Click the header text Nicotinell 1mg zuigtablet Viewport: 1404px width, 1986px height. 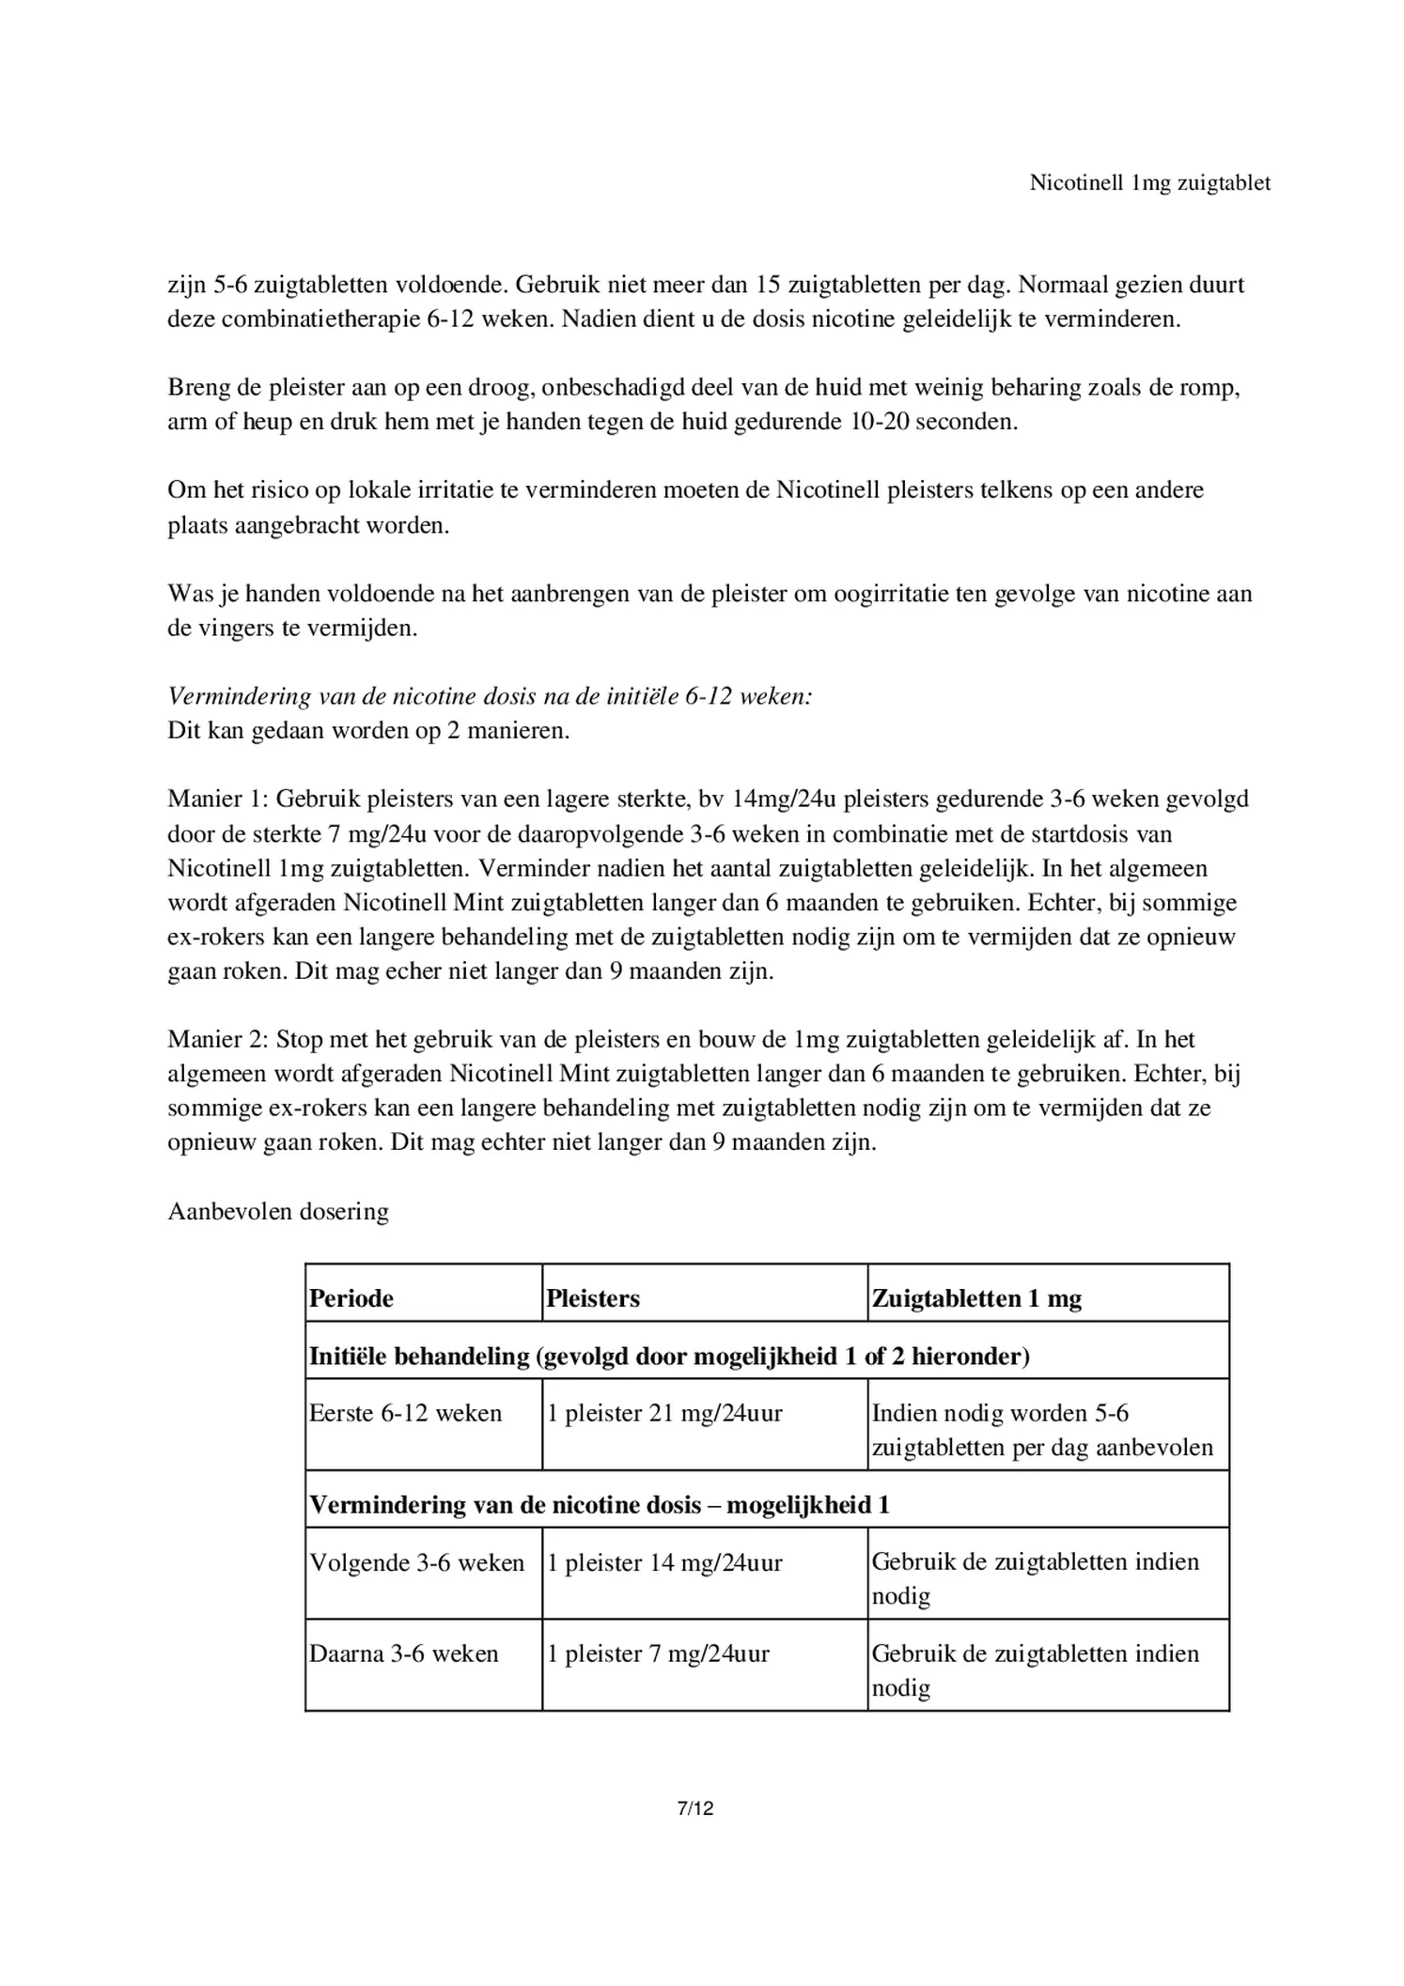pyautogui.click(x=1149, y=183)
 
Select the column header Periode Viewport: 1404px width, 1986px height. pyautogui.click(x=351, y=1298)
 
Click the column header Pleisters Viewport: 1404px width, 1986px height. pyautogui.click(x=592, y=1298)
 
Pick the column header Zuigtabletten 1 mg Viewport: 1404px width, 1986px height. pyautogui.click(x=976, y=1298)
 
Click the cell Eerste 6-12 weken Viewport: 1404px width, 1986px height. pyautogui.click(x=405, y=1413)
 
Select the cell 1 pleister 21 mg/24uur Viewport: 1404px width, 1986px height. pyautogui.click(x=663, y=1413)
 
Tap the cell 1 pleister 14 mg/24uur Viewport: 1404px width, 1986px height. pyautogui.click(x=663, y=1562)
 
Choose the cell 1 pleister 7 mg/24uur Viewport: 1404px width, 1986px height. pyautogui.click(x=657, y=1653)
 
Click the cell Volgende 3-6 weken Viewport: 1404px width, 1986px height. pyautogui.click(x=416, y=1562)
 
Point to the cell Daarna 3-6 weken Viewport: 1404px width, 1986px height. pyautogui.click(x=403, y=1653)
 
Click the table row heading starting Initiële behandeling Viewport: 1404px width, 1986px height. pyautogui.click(x=669, y=1356)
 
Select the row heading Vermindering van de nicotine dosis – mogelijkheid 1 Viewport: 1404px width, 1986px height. pyautogui.click(x=599, y=1505)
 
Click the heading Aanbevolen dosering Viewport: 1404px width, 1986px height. pyautogui.click(x=278, y=1211)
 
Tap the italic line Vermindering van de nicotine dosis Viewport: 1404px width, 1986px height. pyautogui.click(x=489, y=696)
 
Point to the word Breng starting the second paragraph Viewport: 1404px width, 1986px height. pyautogui.click(x=198, y=387)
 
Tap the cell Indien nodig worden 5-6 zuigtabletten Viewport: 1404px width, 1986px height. pyautogui.click(x=1041, y=1430)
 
